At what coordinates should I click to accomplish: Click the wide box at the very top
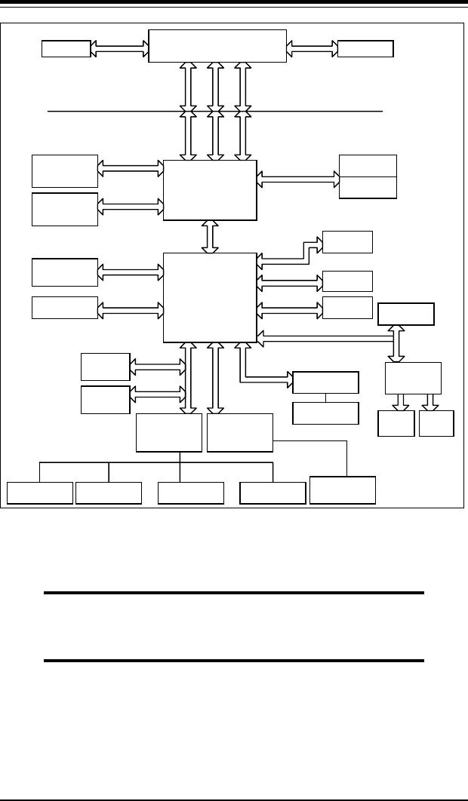218,45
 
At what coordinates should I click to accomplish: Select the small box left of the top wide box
66,49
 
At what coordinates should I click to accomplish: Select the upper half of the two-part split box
368,165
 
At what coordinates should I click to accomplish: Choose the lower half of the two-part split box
368,187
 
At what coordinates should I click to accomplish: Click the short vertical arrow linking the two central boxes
211,237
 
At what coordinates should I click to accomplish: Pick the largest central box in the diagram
211,298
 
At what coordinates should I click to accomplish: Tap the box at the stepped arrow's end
347,241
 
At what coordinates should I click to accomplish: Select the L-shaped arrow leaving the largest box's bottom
257,377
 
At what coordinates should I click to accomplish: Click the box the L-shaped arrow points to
325,382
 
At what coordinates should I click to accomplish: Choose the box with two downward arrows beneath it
413,377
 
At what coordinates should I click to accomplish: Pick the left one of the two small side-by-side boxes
396,423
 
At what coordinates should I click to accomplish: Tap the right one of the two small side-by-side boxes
437,423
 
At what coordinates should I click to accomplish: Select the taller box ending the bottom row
343,489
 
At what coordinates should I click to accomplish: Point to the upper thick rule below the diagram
234,594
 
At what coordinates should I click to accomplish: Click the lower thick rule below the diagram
234,661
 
